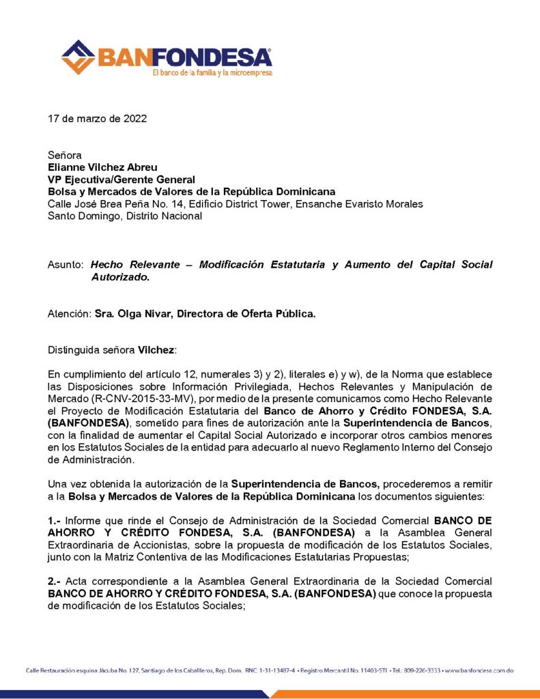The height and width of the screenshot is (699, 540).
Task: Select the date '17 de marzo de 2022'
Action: tap(97, 118)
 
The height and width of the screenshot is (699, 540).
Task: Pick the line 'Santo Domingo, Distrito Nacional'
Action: tap(125, 216)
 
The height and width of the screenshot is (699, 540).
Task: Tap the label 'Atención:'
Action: tap(70, 314)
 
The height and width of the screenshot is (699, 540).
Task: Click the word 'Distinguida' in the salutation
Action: tap(75, 350)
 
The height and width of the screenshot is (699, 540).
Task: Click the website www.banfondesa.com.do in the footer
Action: tap(479, 672)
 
